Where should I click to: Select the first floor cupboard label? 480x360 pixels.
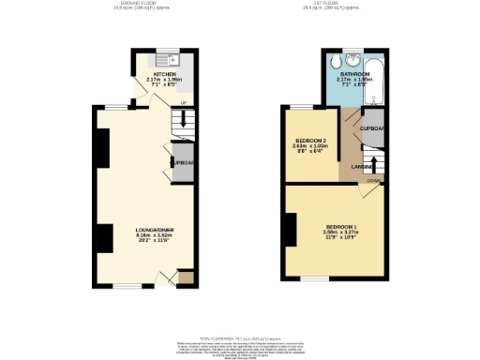click(372, 127)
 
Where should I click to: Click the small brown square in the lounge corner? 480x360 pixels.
click(186, 277)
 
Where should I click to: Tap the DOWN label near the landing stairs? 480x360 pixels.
click(372, 181)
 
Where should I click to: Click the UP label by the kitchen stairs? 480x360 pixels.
click(183, 101)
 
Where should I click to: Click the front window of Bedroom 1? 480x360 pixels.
click(314, 278)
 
